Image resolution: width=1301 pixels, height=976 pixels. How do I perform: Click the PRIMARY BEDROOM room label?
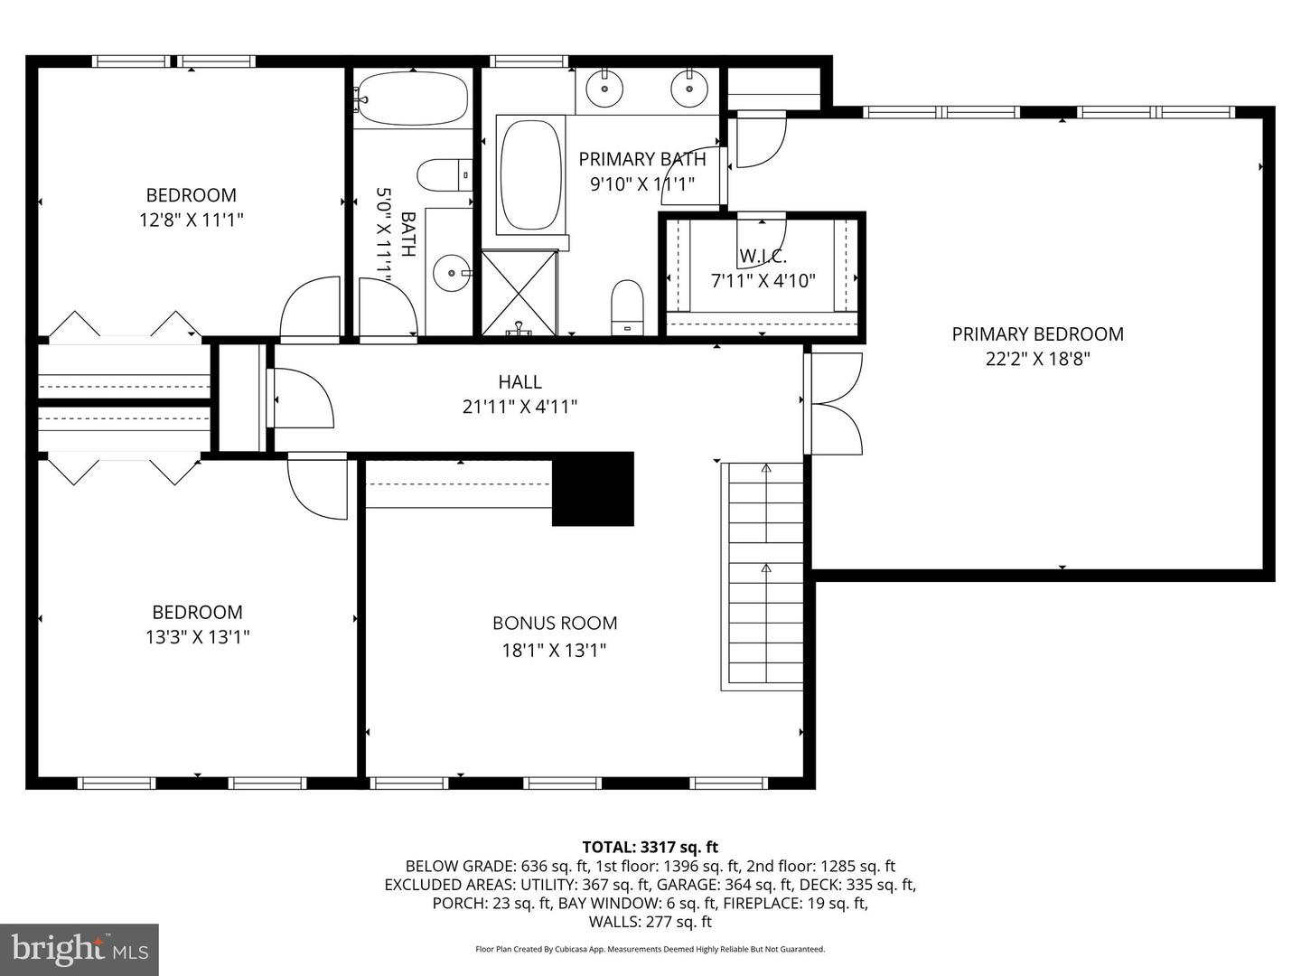(x=1037, y=334)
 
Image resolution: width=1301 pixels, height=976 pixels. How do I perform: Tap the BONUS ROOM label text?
(x=555, y=623)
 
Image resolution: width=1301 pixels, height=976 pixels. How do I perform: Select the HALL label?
(x=519, y=382)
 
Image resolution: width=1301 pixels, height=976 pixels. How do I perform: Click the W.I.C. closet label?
(x=763, y=257)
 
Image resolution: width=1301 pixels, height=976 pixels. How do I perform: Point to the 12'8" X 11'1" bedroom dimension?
(x=191, y=220)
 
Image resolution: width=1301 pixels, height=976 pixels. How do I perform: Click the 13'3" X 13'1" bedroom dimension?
(x=197, y=637)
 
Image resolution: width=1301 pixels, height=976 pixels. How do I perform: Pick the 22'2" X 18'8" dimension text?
(x=1037, y=359)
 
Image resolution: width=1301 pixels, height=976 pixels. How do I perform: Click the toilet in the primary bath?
(x=626, y=304)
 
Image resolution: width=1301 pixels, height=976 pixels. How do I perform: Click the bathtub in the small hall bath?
(x=413, y=98)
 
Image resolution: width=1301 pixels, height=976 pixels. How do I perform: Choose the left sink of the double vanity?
(x=603, y=88)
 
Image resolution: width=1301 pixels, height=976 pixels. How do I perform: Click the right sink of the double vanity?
(x=688, y=88)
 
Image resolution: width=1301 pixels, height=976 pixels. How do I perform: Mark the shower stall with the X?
(x=519, y=292)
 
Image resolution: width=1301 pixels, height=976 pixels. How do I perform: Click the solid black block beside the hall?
(x=593, y=489)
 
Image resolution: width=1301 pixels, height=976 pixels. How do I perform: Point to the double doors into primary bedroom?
(x=833, y=404)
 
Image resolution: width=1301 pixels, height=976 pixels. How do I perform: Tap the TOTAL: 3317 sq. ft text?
(x=650, y=847)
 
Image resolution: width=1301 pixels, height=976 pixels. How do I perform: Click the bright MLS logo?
(x=80, y=949)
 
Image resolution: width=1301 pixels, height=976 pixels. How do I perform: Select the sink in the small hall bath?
(x=450, y=273)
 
